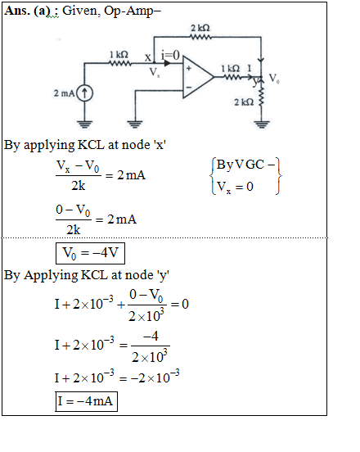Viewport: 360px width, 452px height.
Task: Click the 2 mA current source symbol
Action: point(84,93)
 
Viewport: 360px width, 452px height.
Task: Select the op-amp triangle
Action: point(198,77)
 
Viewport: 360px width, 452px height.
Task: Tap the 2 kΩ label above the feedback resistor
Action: point(200,28)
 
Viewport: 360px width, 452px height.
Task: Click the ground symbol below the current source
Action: point(84,124)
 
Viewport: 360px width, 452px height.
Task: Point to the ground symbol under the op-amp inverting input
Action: point(134,124)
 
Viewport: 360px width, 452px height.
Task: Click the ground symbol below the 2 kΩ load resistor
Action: point(262,124)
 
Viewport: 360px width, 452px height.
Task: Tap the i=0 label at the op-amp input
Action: point(170,55)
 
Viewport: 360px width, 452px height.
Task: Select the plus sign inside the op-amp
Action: point(189,68)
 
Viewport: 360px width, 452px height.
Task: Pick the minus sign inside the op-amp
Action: point(189,87)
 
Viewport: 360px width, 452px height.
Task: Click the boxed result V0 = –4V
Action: point(91,253)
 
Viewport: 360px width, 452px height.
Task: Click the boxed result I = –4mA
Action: point(87,401)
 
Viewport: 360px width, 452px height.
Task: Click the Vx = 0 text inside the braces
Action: point(235,187)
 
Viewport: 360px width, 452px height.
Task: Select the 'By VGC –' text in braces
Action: point(245,165)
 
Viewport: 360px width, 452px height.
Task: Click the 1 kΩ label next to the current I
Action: point(231,69)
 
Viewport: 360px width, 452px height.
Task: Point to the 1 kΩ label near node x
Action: point(119,55)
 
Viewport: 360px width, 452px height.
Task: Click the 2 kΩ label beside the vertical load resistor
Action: point(244,102)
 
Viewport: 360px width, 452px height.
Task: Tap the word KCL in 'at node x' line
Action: point(91,145)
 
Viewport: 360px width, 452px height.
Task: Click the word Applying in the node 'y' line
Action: point(51,276)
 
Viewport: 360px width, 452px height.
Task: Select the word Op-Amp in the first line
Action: point(133,11)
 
